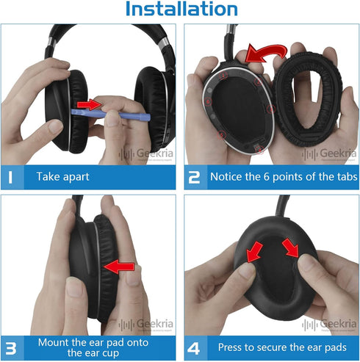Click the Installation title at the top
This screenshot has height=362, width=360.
tap(181, 10)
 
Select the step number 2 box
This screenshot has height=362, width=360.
tap(195, 177)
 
